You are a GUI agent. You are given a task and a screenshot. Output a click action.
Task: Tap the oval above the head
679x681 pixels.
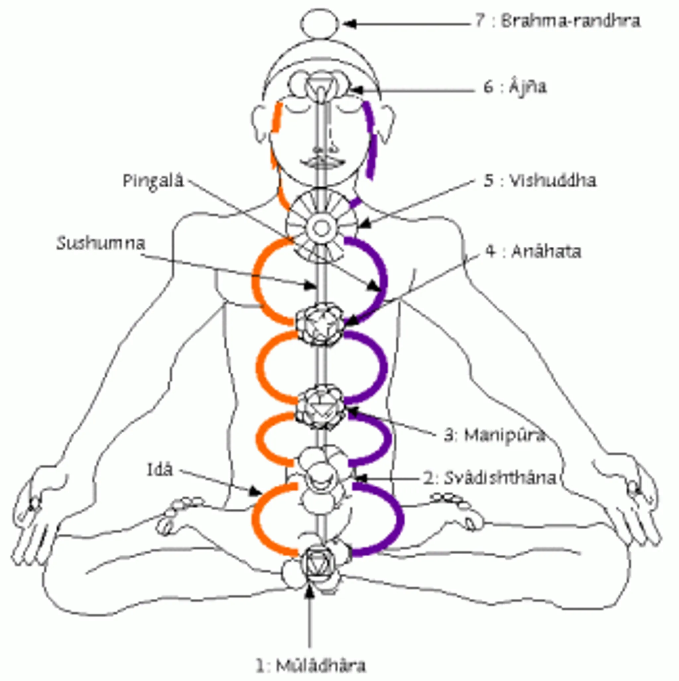pos(319,24)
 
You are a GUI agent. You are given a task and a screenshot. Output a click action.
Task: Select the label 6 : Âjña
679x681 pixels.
pos(515,87)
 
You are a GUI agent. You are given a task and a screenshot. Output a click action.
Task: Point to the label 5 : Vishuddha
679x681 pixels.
pos(540,181)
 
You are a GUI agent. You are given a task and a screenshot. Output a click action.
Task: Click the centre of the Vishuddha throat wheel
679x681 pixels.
pos(321,228)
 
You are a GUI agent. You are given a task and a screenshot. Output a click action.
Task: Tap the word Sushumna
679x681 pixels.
pos(101,244)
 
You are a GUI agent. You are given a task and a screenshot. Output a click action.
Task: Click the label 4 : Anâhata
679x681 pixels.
pos(533,252)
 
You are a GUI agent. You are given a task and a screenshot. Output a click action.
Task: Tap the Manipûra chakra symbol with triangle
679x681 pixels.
pos(320,407)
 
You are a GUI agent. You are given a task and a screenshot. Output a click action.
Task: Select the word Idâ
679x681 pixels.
pos(160,469)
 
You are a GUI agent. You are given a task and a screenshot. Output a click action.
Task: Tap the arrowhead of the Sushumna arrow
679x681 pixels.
pos(311,285)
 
